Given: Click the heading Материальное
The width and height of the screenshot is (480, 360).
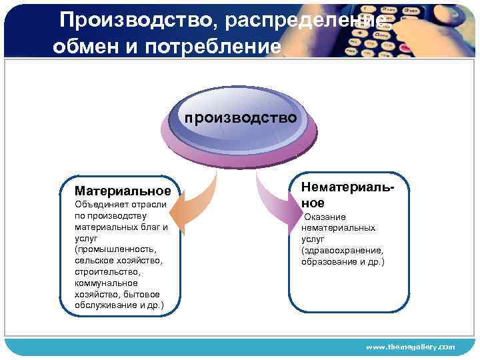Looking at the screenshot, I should point(123,191).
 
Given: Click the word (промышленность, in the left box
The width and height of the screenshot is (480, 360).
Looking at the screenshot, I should point(116,249).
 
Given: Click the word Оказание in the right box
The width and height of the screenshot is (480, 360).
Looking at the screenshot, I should point(325,217).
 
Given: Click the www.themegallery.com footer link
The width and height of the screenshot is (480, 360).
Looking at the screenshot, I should point(410,347).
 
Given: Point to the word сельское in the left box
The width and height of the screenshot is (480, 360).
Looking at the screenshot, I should point(94,261).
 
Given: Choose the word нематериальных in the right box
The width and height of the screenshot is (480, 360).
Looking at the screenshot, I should point(338,228).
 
